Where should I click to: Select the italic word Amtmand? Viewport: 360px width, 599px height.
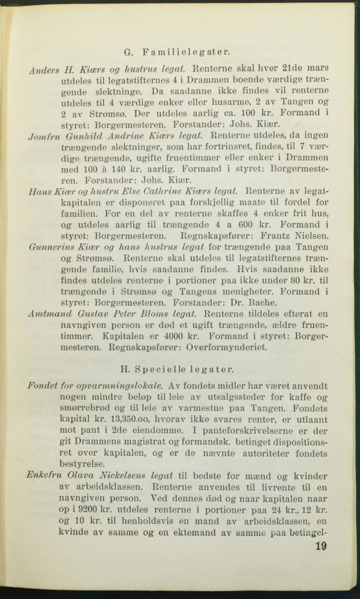click(44, 314)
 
